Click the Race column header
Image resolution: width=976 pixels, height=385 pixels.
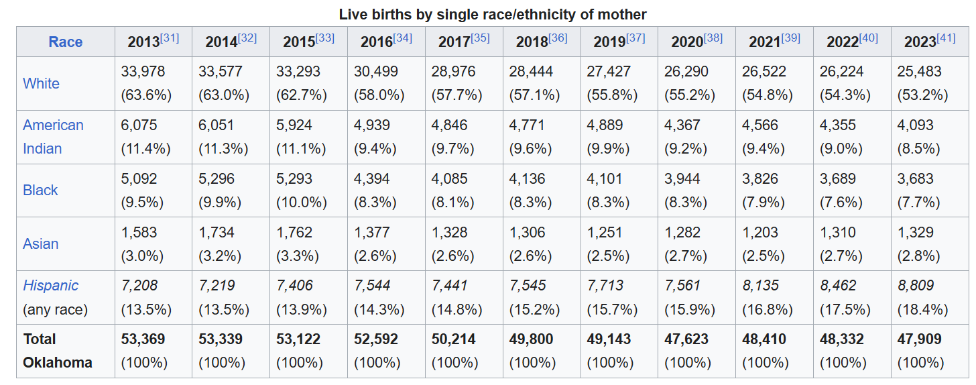[x=65, y=42]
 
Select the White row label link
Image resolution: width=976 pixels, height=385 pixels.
[x=41, y=83]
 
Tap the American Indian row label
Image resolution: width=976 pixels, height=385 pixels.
[x=53, y=137]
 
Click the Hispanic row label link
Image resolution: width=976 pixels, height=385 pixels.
[x=50, y=285]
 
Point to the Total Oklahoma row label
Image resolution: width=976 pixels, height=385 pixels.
[x=57, y=351]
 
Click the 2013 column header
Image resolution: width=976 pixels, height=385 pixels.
[x=143, y=42]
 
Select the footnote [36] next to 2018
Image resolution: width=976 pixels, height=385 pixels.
[x=558, y=38]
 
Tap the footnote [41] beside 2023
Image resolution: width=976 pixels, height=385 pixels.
[x=946, y=38]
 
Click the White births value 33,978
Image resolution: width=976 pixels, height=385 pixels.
[x=143, y=71]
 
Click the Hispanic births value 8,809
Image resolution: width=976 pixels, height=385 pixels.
[x=918, y=286]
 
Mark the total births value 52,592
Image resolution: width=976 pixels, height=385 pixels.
[x=375, y=339]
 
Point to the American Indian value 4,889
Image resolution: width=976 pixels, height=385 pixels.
[x=605, y=125]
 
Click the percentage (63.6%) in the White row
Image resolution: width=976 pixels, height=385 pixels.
[x=146, y=95]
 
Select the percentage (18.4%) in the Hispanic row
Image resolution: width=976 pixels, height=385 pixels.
[x=922, y=310]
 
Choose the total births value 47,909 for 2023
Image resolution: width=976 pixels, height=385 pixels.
[x=919, y=339]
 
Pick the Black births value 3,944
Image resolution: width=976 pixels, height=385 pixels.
[x=682, y=179]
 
